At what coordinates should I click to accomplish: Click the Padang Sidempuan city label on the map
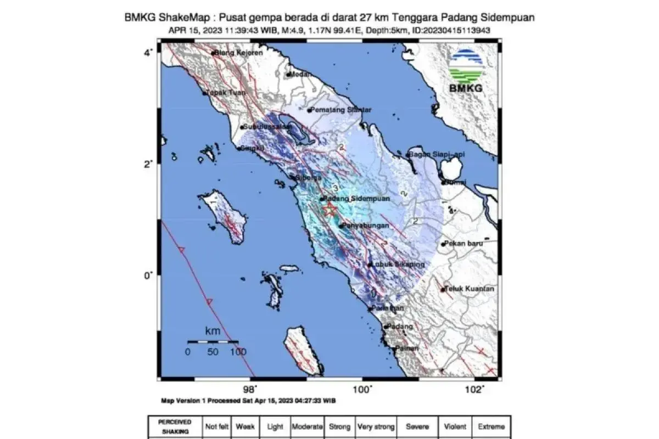(x=356, y=199)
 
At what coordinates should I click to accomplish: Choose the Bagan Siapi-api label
(x=438, y=155)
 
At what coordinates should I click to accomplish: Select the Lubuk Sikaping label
(x=398, y=264)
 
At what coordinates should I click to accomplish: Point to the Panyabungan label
(x=366, y=226)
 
